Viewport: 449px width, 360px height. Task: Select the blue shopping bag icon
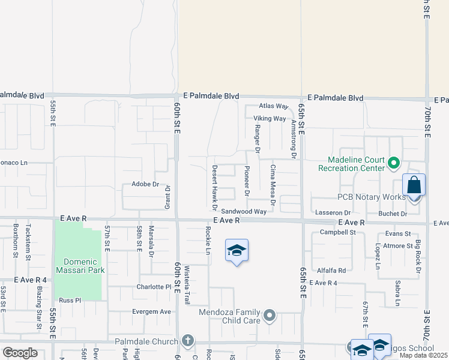414,185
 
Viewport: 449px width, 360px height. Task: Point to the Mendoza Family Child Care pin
270,314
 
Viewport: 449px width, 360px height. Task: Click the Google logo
20,352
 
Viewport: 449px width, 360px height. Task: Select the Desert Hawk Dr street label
214,188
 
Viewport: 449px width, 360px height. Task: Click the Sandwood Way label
243,212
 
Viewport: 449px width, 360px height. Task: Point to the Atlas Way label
274,106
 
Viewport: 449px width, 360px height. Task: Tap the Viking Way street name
270,118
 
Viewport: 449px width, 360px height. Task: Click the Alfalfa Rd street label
331,271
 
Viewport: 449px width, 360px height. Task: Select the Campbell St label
338,232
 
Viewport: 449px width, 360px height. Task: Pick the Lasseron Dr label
331,213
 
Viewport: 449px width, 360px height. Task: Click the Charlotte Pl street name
154,287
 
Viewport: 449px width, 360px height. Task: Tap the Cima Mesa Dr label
273,185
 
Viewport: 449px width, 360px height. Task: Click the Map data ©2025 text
424,355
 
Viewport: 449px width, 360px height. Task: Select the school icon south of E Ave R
237,251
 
